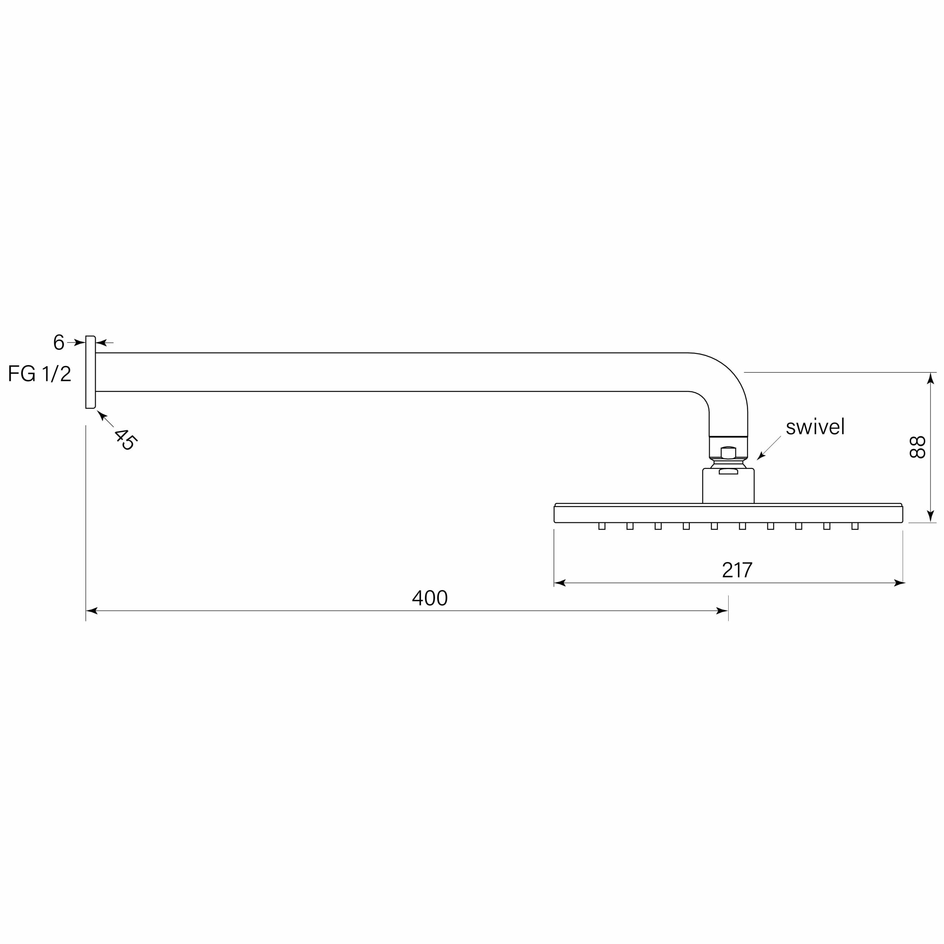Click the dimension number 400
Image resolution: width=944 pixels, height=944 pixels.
point(430,598)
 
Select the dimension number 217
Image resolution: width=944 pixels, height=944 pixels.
point(737,570)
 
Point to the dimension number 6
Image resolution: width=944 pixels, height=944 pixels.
point(59,342)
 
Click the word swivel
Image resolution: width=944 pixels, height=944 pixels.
point(815,427)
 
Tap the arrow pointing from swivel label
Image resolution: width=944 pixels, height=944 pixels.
point(761,457)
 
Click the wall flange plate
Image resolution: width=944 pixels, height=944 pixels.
point(90,372)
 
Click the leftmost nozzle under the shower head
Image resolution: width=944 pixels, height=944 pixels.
point(601,526)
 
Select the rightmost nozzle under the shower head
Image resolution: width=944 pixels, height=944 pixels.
point(855,526)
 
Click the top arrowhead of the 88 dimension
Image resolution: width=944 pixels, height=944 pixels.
point(930,378)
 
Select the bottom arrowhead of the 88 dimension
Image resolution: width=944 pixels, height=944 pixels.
point(930,517)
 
